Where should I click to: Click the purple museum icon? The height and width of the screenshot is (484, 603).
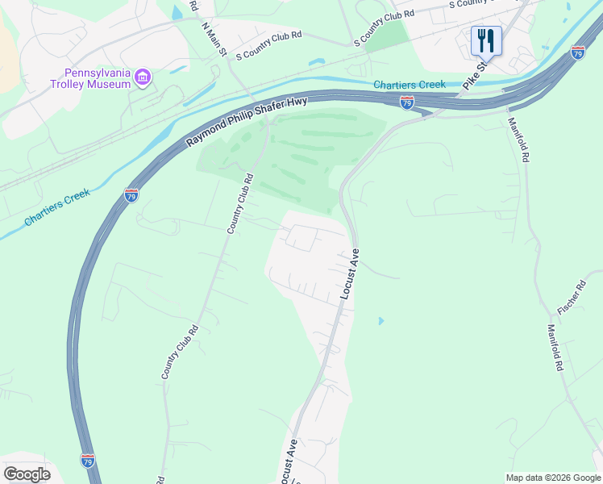(x=143, y=77)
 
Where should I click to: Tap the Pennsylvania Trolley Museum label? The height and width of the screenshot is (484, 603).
(x=90, y=78)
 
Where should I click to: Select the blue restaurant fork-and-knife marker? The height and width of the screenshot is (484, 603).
(x=486, y=40)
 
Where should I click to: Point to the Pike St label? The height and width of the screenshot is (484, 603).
(x=476, y=75)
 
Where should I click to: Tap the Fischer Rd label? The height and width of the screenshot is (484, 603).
(x=571, y=298)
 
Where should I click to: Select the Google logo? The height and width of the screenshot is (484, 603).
(x=27, y=474)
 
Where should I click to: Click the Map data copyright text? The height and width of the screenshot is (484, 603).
(x=553, y=478)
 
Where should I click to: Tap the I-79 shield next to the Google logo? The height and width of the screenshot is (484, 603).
(x=87, y=460)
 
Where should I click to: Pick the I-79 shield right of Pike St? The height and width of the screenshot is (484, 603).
(x=577, y=52)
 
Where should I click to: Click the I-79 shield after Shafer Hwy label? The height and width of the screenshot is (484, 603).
(x=407, y=102)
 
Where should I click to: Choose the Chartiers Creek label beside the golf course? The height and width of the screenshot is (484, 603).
(x=410, y=85)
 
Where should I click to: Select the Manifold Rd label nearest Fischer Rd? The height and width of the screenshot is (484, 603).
(x=554, y=347)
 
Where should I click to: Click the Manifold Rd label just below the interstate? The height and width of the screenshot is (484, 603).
(x=518, y=140)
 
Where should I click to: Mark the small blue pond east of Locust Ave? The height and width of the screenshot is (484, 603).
(x=381, y=321)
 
